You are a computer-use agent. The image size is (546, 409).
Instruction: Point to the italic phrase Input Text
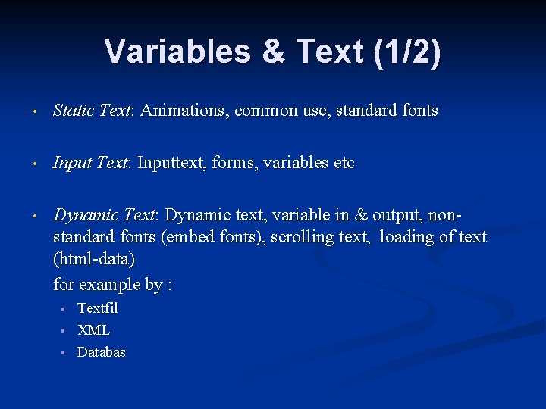coord(90,163)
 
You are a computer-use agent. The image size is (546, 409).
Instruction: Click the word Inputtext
coord(169,163)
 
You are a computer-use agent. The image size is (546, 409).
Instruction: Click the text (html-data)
coord(94,259)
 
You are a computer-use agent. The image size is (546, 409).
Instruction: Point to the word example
coord(110,285)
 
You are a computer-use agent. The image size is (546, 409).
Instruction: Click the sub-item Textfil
coord(98,308)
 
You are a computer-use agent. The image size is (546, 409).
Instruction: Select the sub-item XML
coord(94,330)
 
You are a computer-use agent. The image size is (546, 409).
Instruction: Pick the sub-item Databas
coord(102,352)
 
